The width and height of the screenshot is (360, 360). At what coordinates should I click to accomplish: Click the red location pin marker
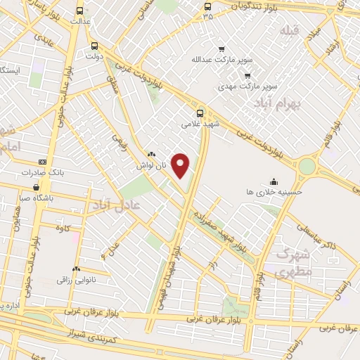pos(181,165)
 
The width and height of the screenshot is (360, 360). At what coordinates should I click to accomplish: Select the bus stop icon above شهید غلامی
pos(201,112)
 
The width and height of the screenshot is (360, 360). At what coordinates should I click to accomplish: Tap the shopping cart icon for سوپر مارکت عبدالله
pos(222,49)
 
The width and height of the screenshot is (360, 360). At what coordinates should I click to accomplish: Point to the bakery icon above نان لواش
pos(151,154)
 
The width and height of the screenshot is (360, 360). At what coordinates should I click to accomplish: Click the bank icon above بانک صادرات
pos(41,161)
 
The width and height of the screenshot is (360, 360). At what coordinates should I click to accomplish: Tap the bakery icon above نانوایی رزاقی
pos(76,269)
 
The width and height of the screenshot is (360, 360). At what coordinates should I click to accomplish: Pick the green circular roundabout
pos(307,166)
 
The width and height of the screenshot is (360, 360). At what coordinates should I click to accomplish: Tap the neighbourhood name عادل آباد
pos(117,204)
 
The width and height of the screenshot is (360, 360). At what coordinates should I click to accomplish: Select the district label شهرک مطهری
pos(294,262)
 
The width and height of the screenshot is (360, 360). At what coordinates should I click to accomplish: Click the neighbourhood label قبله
pos(289,31)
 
